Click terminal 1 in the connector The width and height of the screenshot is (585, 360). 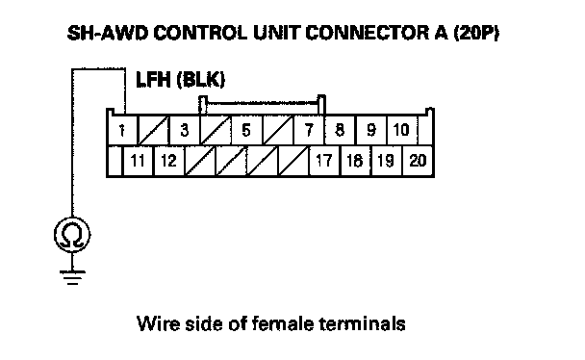click(x=122, y=130)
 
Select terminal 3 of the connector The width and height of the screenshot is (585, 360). click(x=185, y=130)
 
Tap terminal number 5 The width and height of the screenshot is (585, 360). click(x=246, y=130)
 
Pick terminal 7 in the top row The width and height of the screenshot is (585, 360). click(x=309, y=130)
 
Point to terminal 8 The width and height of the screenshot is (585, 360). click(x=341, y=130)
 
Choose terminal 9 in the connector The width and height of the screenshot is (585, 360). click(x=371, y=130)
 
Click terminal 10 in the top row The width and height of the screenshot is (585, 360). click(x=402, y=130)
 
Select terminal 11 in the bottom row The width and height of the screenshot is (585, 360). click(x=138, y=161)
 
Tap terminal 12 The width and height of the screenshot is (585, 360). click(x=169, y=161)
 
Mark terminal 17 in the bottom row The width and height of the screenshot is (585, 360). click(x=324, y=161)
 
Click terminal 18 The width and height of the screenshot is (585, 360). click(x=356, y=161)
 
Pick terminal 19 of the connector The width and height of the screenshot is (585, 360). click(x=387, y=161)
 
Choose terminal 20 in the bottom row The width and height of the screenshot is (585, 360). click(x=418, y=161)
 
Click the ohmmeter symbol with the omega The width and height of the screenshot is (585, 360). click(x=72, y=235)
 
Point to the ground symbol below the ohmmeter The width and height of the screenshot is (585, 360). click(x=72, y=277)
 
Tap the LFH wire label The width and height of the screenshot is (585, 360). click(x=153, y=80)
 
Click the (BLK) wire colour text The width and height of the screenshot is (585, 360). click(x=201, y=80)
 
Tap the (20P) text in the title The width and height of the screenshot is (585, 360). click(x=475, y=33)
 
